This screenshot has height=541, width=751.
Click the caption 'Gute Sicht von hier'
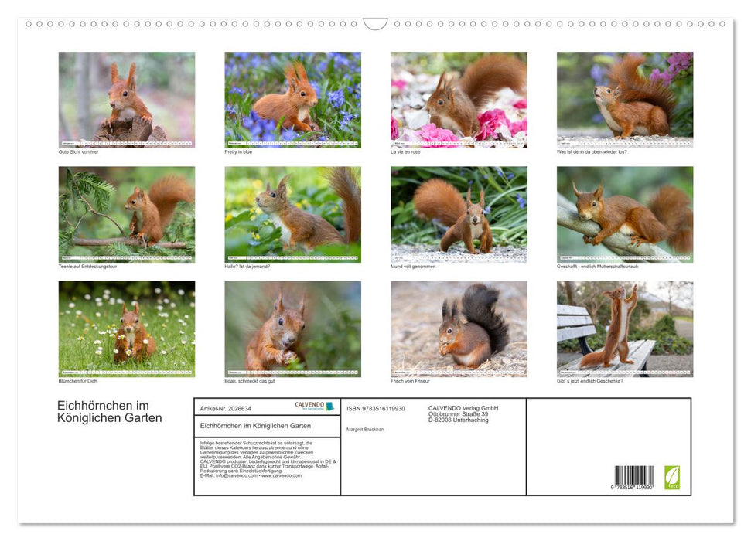78,151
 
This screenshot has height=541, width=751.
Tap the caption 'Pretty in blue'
238,151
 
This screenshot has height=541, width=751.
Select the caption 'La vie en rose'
405,151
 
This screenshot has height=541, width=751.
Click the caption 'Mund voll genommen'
413,266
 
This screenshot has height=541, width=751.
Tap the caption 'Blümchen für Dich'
77,380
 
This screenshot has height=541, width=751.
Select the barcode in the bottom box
634,476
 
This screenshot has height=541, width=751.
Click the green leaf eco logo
672,476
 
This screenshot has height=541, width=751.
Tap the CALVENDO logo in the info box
314,406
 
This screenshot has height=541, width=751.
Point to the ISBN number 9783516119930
376,408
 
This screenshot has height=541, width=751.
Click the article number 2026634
226,408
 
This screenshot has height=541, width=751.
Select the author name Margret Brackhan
364,429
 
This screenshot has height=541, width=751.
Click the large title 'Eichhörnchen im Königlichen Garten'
110,412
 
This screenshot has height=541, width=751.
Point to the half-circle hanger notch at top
375,24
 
